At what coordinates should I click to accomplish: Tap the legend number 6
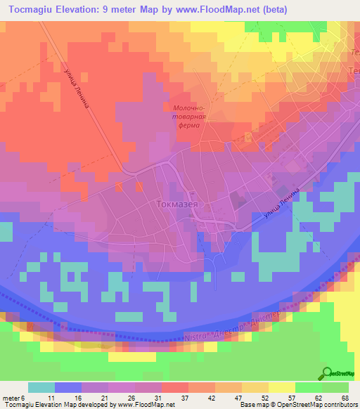pyautogui.click(x=23, y=398)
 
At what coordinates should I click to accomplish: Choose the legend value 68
pyautogui.click(x=345, y=398)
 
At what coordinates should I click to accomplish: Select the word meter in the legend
pyautogui.click(x=11, y=398)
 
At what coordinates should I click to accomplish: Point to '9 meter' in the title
pyautogui.click(x=134, y=9)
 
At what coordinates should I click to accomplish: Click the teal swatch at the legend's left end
pyautogui.click(x=41, y=387)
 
